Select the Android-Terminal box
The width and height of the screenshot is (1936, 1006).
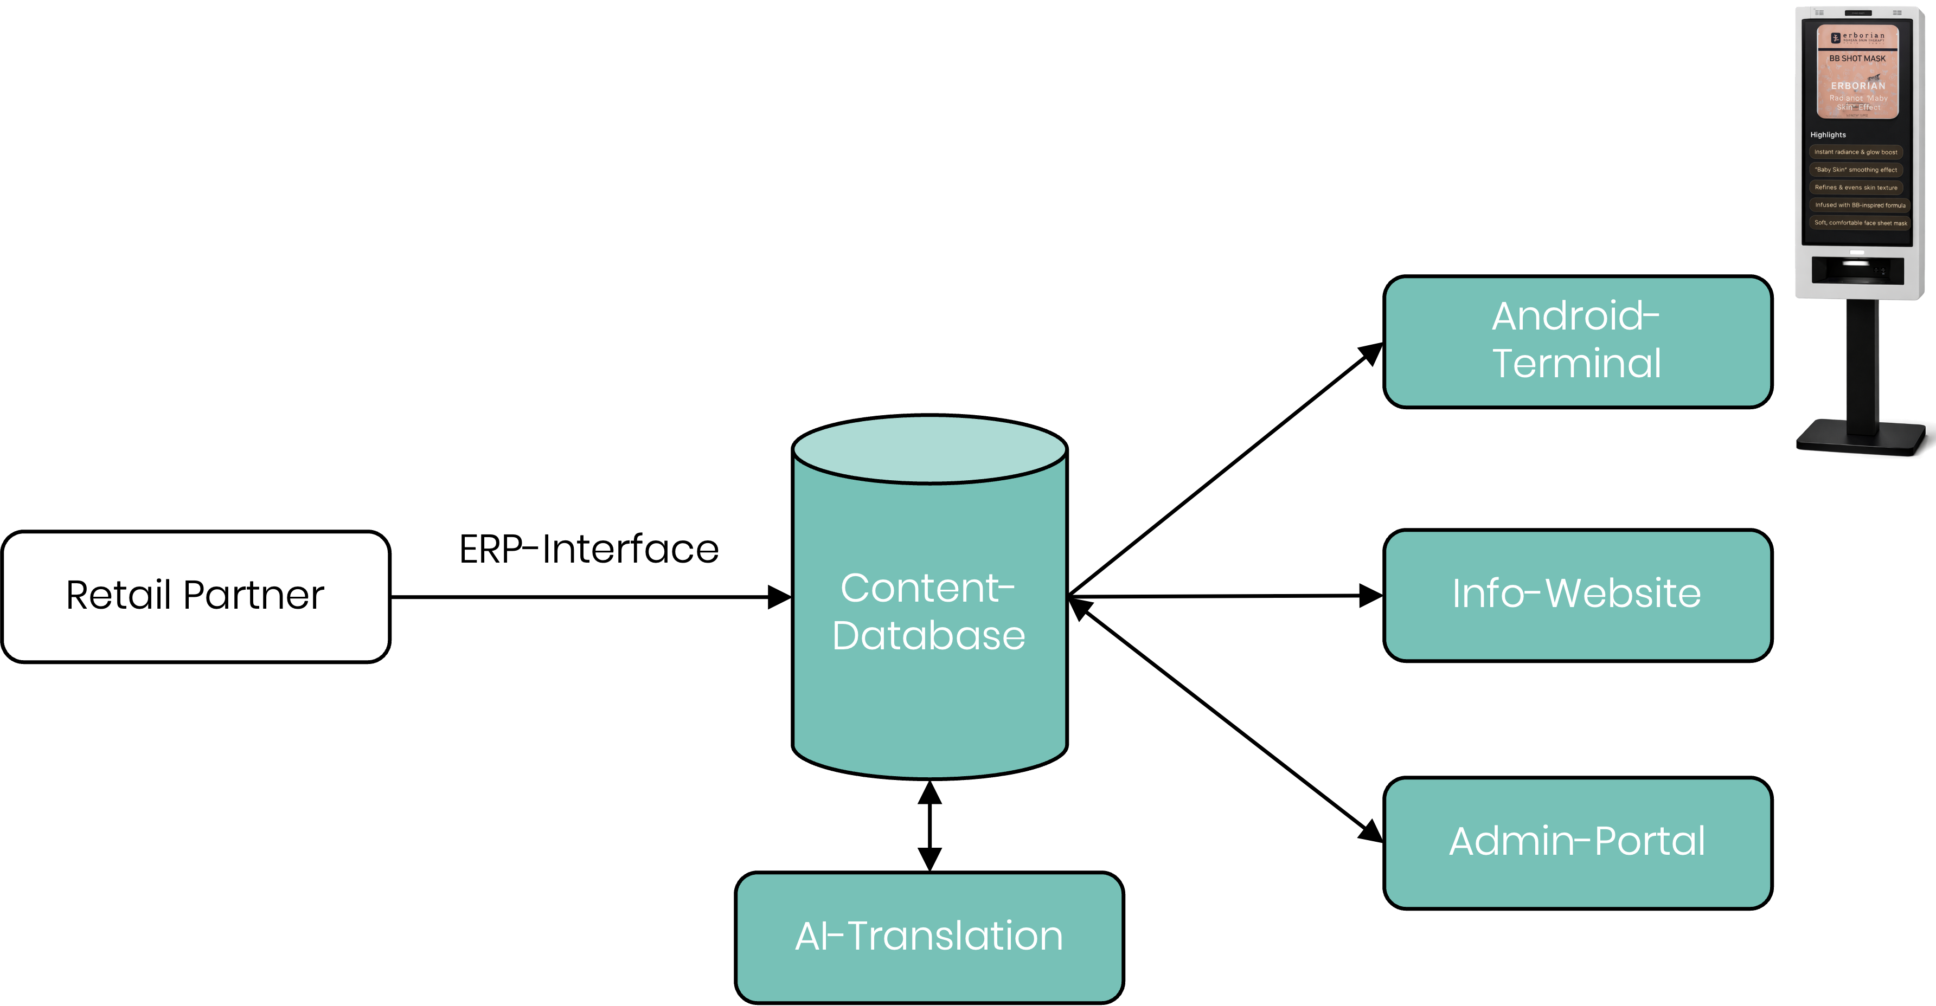(x=1577, y=342)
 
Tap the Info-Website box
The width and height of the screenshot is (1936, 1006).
(x=1577, y=595)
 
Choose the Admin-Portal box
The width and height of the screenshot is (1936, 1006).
(x=1577, y=842)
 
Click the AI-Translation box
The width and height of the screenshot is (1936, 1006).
(x=929, y=937)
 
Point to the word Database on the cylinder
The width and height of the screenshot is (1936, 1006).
(x=929, y=636)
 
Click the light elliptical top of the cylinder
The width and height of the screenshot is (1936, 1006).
(x=929, y=449)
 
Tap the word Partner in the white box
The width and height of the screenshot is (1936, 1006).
(x=253, y=595)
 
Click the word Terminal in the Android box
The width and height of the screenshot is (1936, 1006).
(x=1577, y=364)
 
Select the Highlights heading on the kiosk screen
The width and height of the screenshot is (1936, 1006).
(x=1827, y=135)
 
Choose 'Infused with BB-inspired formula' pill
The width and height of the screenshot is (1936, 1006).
(x=1860, y=205)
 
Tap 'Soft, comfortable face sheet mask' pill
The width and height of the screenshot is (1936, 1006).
(x=1860, y=222)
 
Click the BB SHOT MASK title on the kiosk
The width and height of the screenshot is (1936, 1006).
(x=1857, y=59)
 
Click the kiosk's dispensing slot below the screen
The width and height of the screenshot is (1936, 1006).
(x=1856, y=269)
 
